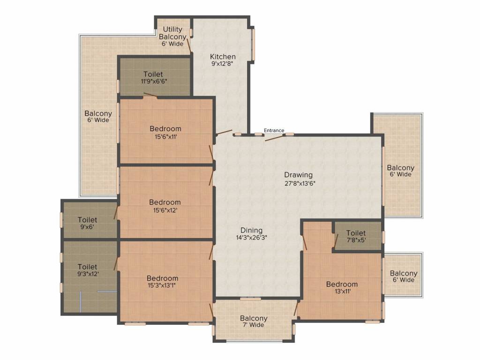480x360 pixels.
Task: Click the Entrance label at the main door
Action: (274, 130)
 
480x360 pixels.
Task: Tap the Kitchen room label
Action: (223, 57)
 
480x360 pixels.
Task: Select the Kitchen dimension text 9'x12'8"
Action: (223, 64)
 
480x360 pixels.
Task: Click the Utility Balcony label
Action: (172, 33)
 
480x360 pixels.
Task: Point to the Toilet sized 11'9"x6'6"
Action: (153, 77)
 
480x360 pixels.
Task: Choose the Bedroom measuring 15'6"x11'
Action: (165, 132)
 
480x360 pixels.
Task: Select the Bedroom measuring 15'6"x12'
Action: (165, 206)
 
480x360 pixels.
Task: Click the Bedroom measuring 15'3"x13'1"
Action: (162, 281)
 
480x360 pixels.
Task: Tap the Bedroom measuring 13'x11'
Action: (342, 287)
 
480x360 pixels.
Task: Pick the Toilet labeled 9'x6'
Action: (88, 223)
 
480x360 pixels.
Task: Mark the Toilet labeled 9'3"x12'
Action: (88, 270)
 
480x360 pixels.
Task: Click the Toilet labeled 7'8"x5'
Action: (356, 236)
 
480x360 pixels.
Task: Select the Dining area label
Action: (251, 230)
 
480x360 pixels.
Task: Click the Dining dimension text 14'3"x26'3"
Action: (251, 237)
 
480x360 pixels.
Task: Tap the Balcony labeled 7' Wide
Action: (254, 322)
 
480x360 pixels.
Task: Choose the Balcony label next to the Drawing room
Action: (400, 171)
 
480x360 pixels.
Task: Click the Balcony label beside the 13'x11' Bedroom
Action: (403, 277)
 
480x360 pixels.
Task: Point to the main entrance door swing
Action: (274, 137)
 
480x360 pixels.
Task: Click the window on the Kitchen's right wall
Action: (253, 45)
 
